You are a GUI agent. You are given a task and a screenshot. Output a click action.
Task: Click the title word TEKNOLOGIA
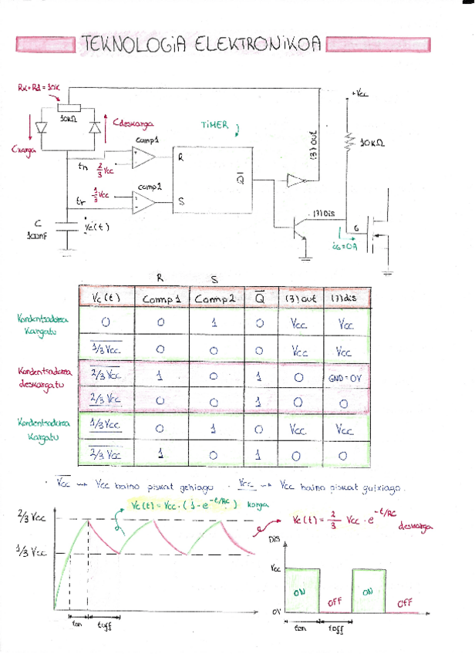coord(132,46)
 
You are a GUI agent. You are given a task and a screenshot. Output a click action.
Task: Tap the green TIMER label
coord(215,124)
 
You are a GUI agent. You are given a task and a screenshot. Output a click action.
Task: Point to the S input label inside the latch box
coord(181,203)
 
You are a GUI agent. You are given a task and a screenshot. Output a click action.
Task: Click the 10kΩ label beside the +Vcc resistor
coord(375,143)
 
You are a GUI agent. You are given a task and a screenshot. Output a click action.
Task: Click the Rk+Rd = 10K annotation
coord(39,88)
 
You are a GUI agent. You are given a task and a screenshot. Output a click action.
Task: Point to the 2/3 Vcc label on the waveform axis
coord(32,517)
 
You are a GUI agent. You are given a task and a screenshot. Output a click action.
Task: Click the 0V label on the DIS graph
coord(275,611)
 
